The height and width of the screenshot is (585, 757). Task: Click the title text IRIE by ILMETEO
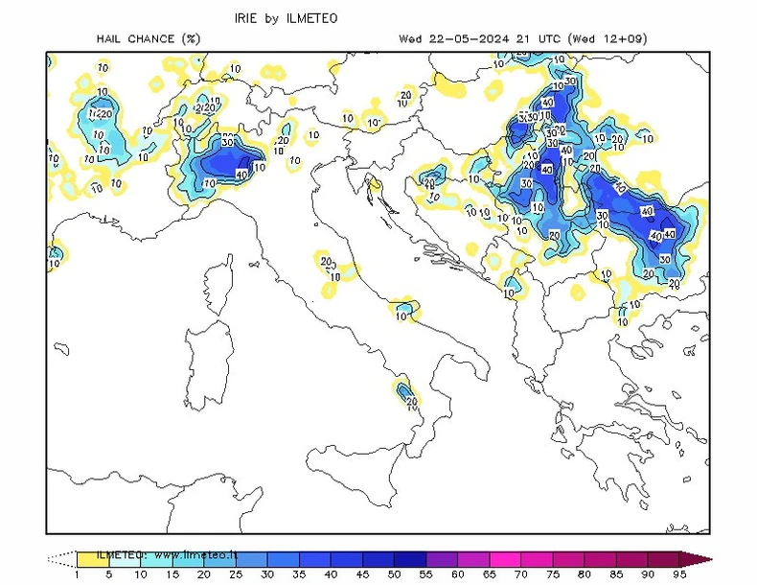(x=287, y=18)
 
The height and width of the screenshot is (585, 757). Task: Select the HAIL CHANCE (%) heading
(x=148, y=39)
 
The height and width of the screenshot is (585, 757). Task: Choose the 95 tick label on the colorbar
(x=678, y=574)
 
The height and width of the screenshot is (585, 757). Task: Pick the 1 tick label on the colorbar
(x=76, y=574)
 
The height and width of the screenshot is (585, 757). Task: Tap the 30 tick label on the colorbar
(x=267, y=574)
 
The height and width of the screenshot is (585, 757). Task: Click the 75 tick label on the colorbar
(x=520, y=574)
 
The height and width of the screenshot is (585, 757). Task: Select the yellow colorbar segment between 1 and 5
(x=92, y=556)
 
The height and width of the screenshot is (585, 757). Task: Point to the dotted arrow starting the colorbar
(x=60, y=556)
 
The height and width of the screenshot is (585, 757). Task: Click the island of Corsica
(x=219, y=287)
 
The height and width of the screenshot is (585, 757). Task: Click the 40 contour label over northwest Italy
(x=241, y=175)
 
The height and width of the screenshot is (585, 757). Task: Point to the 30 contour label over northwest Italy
(x=228, y=142)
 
